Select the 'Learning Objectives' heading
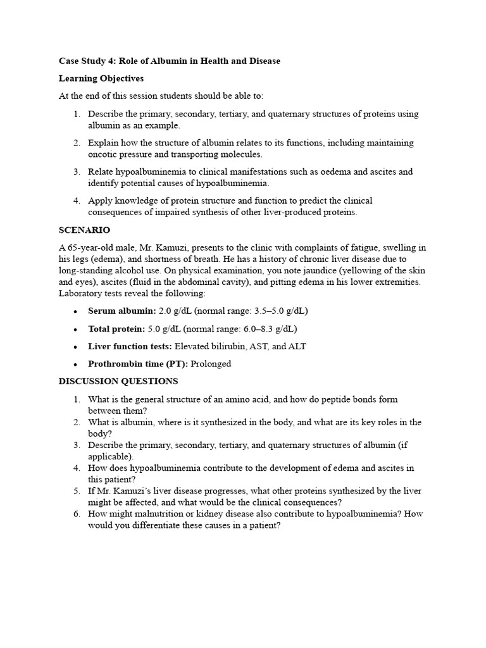[x=101, y=78]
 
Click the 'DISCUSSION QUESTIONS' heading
[x=118, y=381]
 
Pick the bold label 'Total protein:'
[x=117, y=329]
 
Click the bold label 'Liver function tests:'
[x=130, y=346]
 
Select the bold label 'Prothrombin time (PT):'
[x=137, y=364]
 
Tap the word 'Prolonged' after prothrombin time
[x=211, y=364]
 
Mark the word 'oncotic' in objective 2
[x=103, y=154]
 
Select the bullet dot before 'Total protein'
[x=76, y=330]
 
